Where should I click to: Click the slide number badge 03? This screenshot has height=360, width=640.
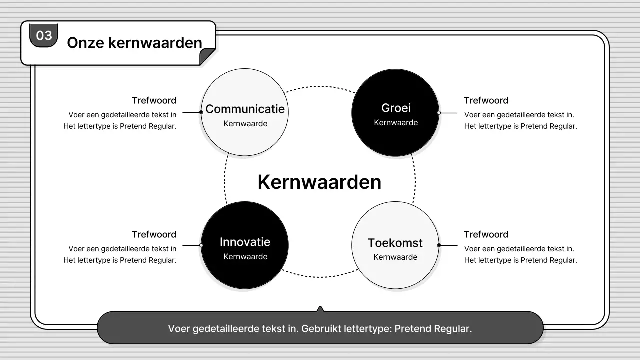tap(44, 35)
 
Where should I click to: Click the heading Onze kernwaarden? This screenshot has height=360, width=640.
tap(134, 43)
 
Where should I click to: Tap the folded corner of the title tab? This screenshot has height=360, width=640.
tap(207, 57)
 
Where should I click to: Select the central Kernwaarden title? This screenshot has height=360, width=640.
tap(319, 182)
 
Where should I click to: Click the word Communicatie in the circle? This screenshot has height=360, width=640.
tap(245, 109)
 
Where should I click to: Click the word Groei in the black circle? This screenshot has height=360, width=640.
tap(396, 108)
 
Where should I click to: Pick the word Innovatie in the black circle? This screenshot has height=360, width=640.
tap(245, 242)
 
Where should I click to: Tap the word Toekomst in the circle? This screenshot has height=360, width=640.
tap(395, 243)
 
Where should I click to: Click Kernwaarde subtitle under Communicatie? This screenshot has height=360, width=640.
tap(245, 124)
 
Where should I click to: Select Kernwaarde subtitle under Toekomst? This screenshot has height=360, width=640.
tap(395, 257)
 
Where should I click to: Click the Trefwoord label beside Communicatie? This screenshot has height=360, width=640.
tap(154, 100)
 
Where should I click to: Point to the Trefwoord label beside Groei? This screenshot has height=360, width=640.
tap(486, 100)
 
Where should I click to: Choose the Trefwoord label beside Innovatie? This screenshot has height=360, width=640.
tap(154, 234)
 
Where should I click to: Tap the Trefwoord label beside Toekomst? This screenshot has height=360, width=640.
tap(486, 234)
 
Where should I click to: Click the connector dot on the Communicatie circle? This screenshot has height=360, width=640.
tap(201, 112)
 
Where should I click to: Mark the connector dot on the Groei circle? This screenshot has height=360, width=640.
tap(439, 113)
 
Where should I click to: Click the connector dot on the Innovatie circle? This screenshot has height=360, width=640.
tap(201, 245)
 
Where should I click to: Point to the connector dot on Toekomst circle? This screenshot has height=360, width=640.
tap(439, 245)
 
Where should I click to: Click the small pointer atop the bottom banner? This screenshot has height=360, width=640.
tap(320, 309)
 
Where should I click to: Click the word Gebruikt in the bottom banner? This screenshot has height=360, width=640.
tap(321, 329)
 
